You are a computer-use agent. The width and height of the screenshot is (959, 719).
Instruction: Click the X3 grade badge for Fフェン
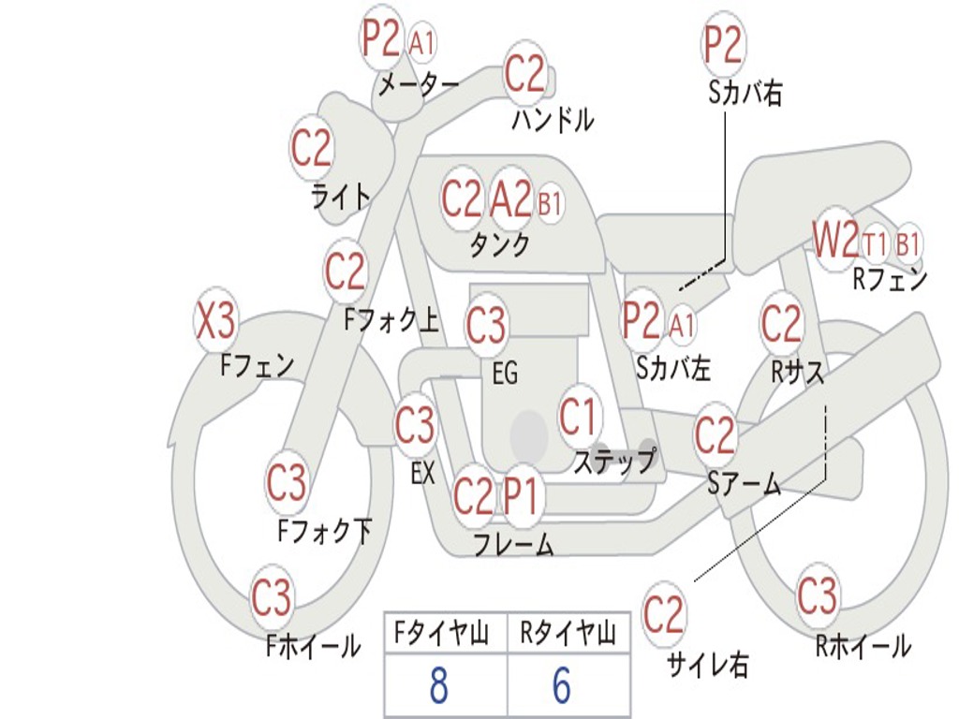tap(215, 322)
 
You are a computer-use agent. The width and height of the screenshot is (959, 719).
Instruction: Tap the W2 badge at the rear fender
tap(834, 242)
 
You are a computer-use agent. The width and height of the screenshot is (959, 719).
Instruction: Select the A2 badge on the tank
tap(511, 199)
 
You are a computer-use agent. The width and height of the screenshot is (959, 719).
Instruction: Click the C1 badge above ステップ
tap(578, 418)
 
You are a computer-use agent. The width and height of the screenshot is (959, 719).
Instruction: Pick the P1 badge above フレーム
tap(523, 495)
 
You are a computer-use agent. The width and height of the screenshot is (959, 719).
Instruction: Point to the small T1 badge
tap(876, 244)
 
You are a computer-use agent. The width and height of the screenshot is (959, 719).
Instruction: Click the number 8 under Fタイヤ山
tap(438, 686)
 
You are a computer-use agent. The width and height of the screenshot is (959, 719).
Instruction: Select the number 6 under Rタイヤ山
tap(561, 686)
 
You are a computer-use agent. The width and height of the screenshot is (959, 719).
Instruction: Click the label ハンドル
tap(553, 120)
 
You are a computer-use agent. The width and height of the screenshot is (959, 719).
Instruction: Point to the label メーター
tap(419, 85)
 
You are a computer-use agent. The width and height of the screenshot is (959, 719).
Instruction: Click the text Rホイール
tap(863, 645)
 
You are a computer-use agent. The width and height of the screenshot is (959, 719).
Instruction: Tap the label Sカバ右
tap(745, 93)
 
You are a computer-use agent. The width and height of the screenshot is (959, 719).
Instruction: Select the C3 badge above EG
tap(486, 325)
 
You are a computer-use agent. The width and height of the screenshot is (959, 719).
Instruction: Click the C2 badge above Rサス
tap(781, 324)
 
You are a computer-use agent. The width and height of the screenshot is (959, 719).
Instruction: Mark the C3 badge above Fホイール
tap(272, 598)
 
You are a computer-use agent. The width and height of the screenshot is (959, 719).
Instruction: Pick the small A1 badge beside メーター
tap(422, 42)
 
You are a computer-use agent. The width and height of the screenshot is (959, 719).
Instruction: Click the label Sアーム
tap(744, 483)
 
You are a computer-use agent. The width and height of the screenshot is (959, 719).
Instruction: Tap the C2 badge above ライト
tap(312, 148)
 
